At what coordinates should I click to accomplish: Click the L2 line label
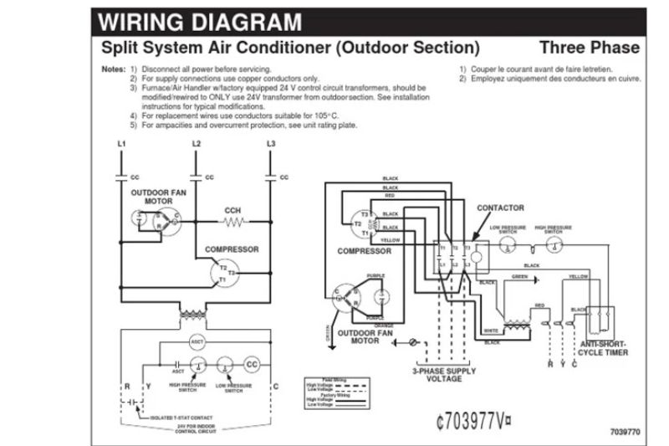point(197,144)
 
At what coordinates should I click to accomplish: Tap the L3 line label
point(270,144)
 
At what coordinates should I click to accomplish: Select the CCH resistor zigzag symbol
point(233,222)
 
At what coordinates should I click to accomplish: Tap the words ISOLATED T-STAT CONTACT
point(181,417)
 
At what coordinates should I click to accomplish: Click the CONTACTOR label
point(500,208)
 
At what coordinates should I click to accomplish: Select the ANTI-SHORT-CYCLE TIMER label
point(604,348)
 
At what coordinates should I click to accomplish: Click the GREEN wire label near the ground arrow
point(520,276)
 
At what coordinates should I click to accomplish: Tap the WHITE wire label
point(492,331)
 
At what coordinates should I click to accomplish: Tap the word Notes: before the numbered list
point(113,68)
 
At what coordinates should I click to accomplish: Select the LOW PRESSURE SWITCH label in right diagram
point(507,228)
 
